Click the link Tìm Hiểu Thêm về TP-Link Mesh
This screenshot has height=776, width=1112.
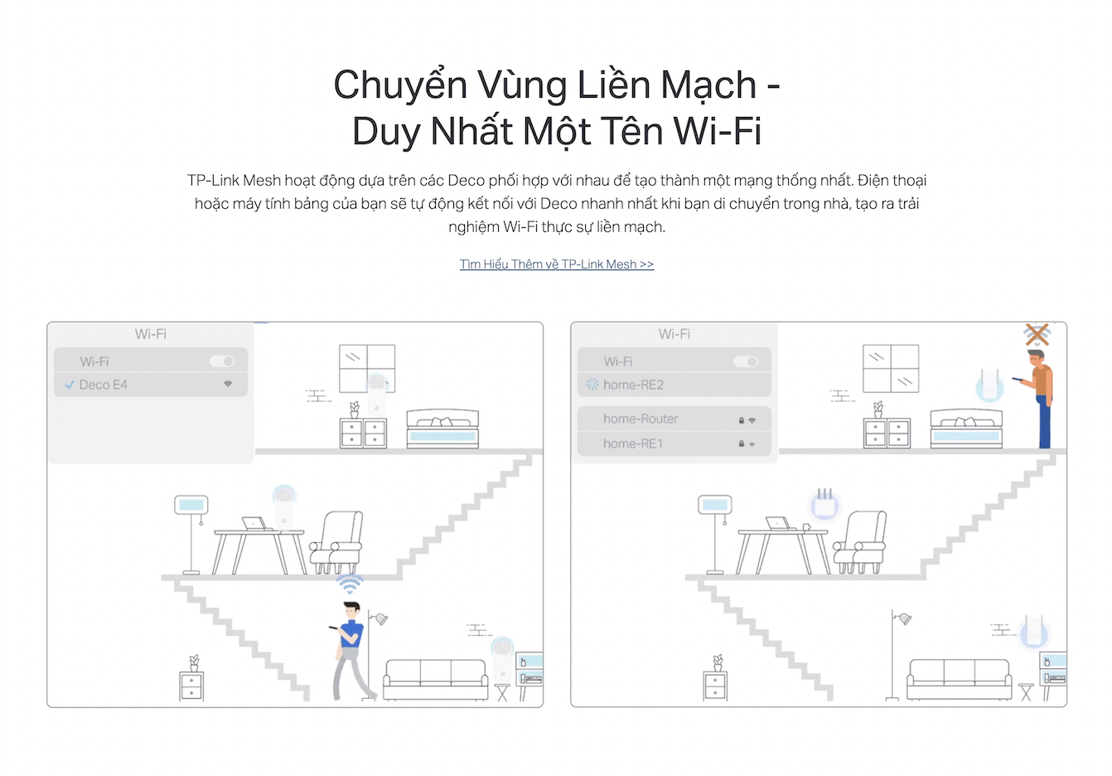[556, 264]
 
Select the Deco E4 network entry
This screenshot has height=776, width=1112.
[151, 385]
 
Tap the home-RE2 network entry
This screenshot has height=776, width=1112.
[674, 385]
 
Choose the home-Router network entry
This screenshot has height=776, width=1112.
[674, 419]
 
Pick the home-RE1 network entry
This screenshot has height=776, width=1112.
[674, 444]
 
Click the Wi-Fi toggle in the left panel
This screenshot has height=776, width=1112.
[222, 361]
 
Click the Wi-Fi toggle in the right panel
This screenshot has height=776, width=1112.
[746, 361]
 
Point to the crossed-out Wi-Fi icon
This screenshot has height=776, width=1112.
[1037, 335]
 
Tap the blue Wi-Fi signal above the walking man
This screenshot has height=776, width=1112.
[350, 584]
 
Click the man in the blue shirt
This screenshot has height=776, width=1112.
[351, 651]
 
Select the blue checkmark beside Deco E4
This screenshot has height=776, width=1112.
[70, 385]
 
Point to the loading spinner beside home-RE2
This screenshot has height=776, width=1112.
[592, 384]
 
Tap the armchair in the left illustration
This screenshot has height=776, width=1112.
[336, 542]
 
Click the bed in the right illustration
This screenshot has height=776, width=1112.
[966, 429]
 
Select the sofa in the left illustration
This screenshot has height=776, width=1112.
[435, 680]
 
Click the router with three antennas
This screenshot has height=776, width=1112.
[824, 504]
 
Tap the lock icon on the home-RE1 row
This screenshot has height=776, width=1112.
[741, 444]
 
